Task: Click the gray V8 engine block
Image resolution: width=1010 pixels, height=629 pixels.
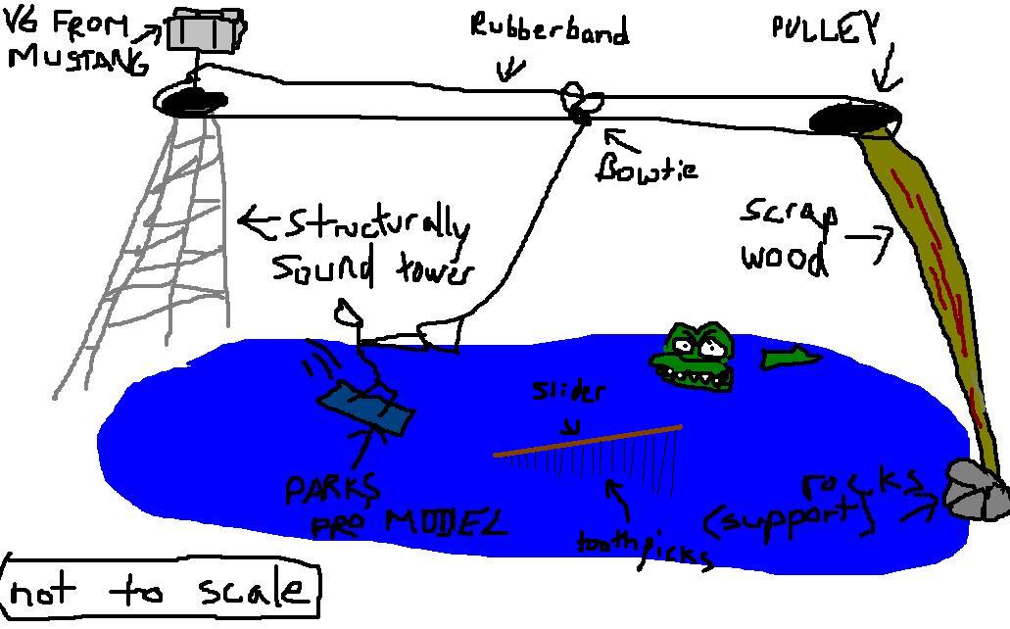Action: click(x=205, y=29)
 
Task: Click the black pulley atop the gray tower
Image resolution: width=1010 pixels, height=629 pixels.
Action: click(x=188, y=100)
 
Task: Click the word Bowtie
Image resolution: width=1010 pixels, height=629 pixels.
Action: click(x=647, y=169)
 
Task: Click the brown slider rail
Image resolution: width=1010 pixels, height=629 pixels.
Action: click(x=588, y=440)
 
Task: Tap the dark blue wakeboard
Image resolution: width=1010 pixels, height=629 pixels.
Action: click(x=364, y=409)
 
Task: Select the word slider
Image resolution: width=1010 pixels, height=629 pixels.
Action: click(x=568, y=392)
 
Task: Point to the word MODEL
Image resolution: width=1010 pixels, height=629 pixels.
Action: click(x=446, y=521)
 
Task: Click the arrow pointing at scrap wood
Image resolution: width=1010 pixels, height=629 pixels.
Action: click(x=870, y=240)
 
